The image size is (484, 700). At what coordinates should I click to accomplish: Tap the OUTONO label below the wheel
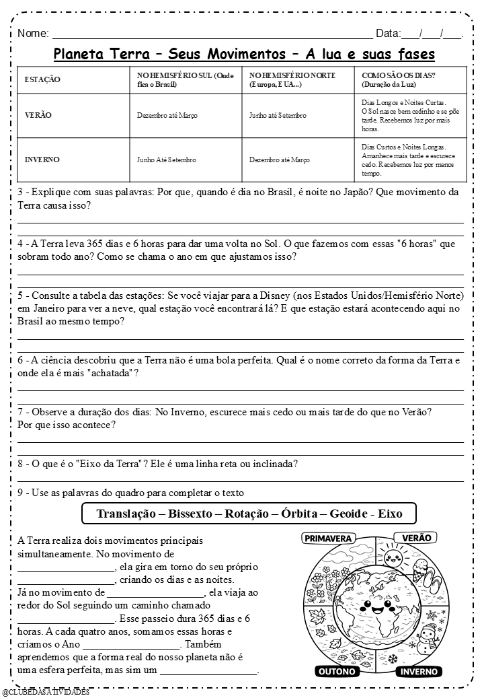pos(337,671)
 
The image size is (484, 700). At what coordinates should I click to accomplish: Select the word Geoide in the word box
pos(346,514)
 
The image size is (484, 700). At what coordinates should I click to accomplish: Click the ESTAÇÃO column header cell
pos(42,80)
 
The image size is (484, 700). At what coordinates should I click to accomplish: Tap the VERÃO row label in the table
pos(38,115)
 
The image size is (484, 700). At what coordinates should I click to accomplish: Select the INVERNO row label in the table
pos(42,160)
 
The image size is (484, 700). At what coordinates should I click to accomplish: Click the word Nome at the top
pos(33,33)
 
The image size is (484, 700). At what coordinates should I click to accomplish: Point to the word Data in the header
pos(387,33)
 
